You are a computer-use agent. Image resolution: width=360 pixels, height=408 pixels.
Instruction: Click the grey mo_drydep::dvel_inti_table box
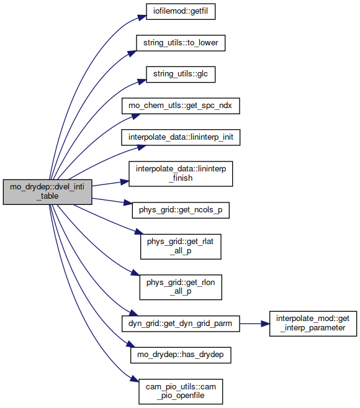pyautogui.click(x=47, y=192)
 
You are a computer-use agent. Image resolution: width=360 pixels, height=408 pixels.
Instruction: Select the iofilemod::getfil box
pyautogui.click(x=181, y=11)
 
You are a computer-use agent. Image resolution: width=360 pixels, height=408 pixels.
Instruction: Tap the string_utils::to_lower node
pyautogui.click(x=181, y=43)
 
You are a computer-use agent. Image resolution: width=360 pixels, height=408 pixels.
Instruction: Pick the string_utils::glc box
pyautogui.click(x=181, y=75)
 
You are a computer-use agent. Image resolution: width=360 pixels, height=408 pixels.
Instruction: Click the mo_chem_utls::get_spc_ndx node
pyautogui.click(x=181, y=106)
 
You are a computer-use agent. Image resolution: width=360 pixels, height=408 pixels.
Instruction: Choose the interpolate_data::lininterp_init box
pyautogui.click(x=181, y=137)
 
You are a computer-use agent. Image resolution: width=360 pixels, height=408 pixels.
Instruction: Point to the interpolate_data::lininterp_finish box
pyautogui.click(x=181, y=174)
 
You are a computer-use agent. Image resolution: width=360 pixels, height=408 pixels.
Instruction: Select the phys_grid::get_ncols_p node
pyautogui.click(x=181, y=211)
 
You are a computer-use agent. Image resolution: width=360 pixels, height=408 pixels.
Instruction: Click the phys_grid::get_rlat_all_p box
pyautogui.click(x=181, y=247)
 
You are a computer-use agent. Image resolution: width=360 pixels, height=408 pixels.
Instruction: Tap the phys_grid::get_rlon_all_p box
pyautogui.click(x=181, y=288)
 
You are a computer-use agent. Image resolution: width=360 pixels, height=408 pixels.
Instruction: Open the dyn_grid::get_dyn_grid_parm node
pyautogui.click(x=181, y=324)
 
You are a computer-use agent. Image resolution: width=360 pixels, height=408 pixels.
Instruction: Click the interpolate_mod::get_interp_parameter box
pyautogui.click(x=313, y=324)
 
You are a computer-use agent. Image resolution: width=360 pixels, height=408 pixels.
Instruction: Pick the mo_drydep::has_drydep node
pyautogui.click(x=181, y=355)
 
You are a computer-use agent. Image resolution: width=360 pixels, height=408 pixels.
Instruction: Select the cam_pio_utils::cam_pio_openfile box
pyautogui.click(x=181, y=392)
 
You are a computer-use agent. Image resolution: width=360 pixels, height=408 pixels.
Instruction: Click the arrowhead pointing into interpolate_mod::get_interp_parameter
pyautogui.click(x=265, y=324)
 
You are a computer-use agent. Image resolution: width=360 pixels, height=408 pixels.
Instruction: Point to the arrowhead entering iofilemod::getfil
pyautogui.click(x=142, y=17)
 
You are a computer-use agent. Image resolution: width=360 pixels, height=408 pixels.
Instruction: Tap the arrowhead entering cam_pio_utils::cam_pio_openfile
pyautogui.click(x=135, y=379)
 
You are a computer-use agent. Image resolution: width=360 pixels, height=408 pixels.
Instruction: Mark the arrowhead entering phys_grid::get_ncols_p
pyautogui.click(x=128, y=202)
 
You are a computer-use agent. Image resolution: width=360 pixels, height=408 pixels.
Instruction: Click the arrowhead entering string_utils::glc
pyautogui.click(x=142, y=81)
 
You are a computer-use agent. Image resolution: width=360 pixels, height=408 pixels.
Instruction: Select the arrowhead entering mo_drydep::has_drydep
pyautogui.click(x=131, y=344)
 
